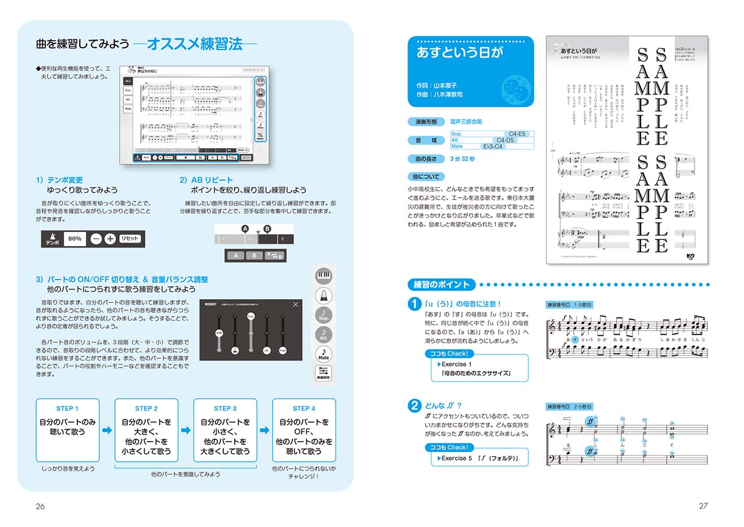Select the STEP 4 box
click(x=304, y=430)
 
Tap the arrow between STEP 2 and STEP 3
click(x=186, y=431)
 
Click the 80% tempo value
click(x=75, y=239)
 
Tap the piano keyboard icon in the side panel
click(x=324, y=276)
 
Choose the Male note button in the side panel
click(x=324, y=353)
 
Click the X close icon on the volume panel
click(x=296, y=304)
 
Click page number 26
click(x=40, y=506)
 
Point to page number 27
click(x=703, y=506)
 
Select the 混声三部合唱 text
click(x=466, y=122)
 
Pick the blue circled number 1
click(x=414, y=304)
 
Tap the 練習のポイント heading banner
click(x=441, y=285)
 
